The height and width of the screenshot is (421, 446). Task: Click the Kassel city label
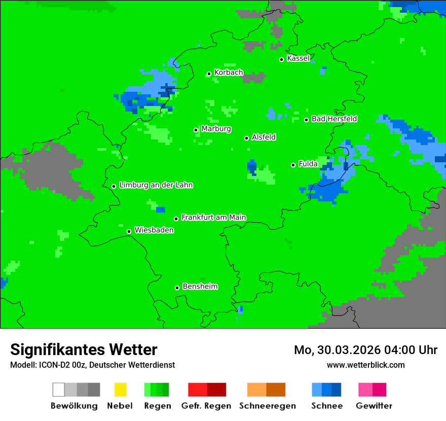tap(298, 58)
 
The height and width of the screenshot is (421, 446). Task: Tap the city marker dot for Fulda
tap(293, 165)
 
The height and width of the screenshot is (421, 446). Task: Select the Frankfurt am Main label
tap(213, 218)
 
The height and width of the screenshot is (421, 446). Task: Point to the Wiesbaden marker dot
tap(129, 231)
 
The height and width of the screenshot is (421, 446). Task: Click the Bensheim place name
tap(200, 287)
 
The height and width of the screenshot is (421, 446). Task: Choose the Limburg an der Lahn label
tap(156, 185)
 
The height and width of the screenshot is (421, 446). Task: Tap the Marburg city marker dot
tap(196, 130)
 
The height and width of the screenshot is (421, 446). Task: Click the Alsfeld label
tap(264, 137)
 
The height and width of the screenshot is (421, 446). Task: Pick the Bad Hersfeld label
tap(334, 119)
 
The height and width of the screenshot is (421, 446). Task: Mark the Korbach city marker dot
tap(209, 74)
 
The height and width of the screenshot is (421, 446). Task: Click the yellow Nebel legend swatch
tap(120, 390)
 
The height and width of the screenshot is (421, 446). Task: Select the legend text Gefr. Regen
tap(206, 406)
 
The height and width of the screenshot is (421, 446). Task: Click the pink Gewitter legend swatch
tap(365, 390)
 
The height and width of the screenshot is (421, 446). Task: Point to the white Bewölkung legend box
tap(59, 390)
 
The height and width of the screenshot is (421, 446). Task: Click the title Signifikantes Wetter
tap(84, 349)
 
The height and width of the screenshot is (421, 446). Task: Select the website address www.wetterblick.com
tap(365, 365)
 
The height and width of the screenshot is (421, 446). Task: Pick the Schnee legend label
tap(326, 406)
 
